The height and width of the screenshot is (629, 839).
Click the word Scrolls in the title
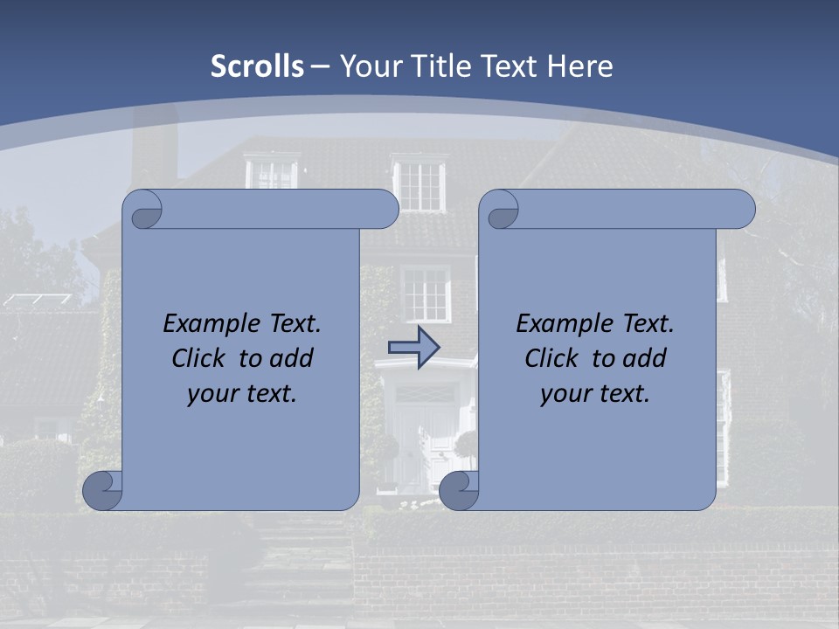(258, 66)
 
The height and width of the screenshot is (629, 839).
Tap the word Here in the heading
(580, 66)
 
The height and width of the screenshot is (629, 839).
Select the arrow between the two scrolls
(413, 348)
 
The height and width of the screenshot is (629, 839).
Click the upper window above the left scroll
(272, 172)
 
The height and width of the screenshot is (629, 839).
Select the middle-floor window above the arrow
(426, 294)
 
